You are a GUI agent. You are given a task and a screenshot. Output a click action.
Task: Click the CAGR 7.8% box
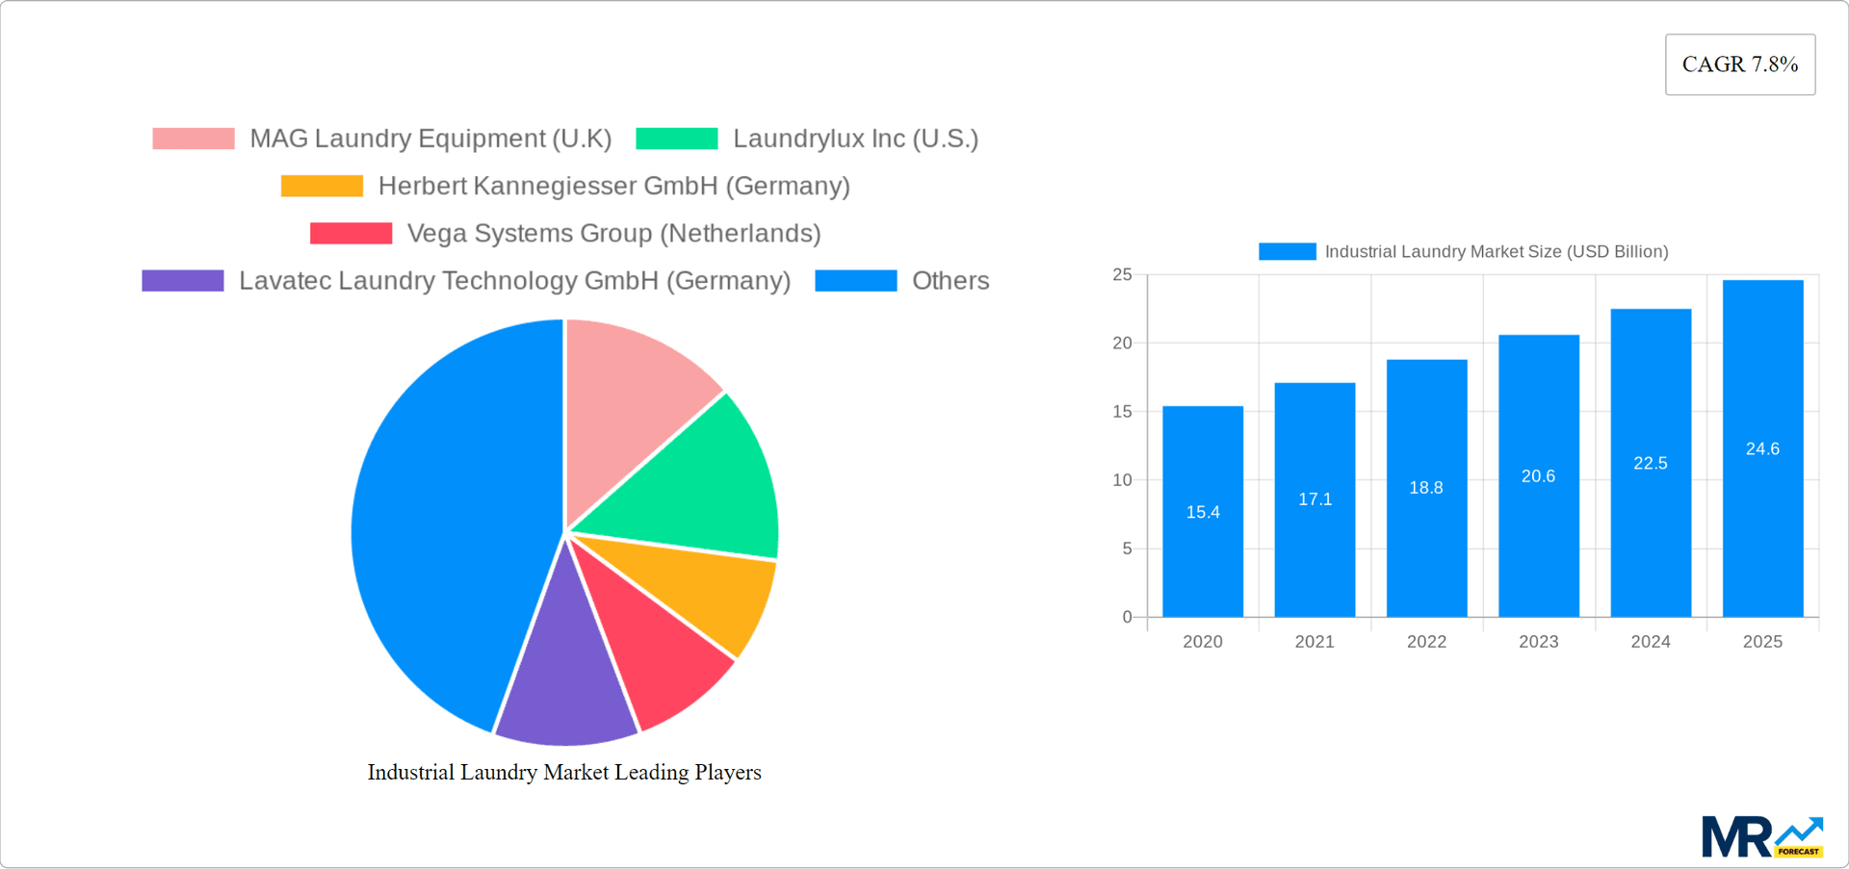tap(1740, 64)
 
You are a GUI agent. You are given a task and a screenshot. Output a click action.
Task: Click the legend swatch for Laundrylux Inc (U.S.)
tap(677, 139)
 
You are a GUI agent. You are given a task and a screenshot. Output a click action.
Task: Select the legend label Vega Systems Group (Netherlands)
tap(613, 233)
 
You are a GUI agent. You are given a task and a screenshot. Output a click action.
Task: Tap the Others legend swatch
tap(855, 281)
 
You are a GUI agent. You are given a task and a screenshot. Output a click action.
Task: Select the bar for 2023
tap(1538, 539)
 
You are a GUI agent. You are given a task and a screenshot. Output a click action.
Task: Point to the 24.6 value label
tap(1762, 448)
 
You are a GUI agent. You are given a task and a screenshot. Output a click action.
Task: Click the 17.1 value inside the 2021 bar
tap(1315, 499)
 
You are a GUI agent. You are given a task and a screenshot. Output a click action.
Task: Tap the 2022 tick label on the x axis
tap(1426, 642)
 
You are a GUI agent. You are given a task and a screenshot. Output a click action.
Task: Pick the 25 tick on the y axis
tap(1122, 275)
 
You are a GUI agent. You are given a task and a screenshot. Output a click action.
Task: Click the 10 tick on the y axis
tap(1122, 480)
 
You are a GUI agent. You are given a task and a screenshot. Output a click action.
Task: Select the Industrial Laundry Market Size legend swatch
tap(1287, 251)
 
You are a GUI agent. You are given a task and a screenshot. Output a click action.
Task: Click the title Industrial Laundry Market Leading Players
tap(564, 772)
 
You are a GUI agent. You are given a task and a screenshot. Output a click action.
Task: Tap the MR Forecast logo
tap(1761, 837)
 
